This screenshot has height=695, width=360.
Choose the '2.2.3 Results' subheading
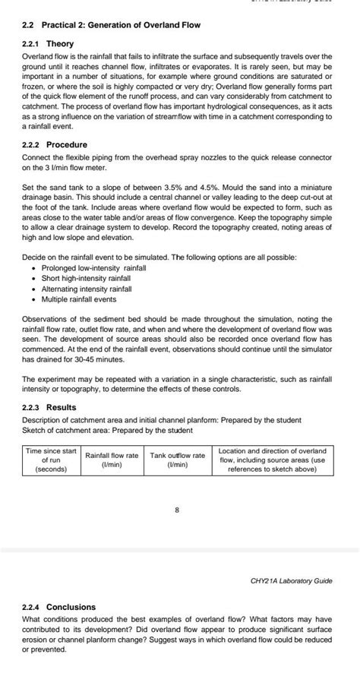click(x=50, y=407)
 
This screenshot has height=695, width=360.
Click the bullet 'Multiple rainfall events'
click(x=77, y=299)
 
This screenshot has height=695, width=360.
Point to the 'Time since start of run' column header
click(x=51, y=460)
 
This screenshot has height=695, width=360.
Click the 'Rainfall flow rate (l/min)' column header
click(x=112, y=460)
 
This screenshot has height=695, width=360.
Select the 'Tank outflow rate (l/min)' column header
click(x=177, y=460)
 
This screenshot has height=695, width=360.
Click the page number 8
click(x=177, y=510)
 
